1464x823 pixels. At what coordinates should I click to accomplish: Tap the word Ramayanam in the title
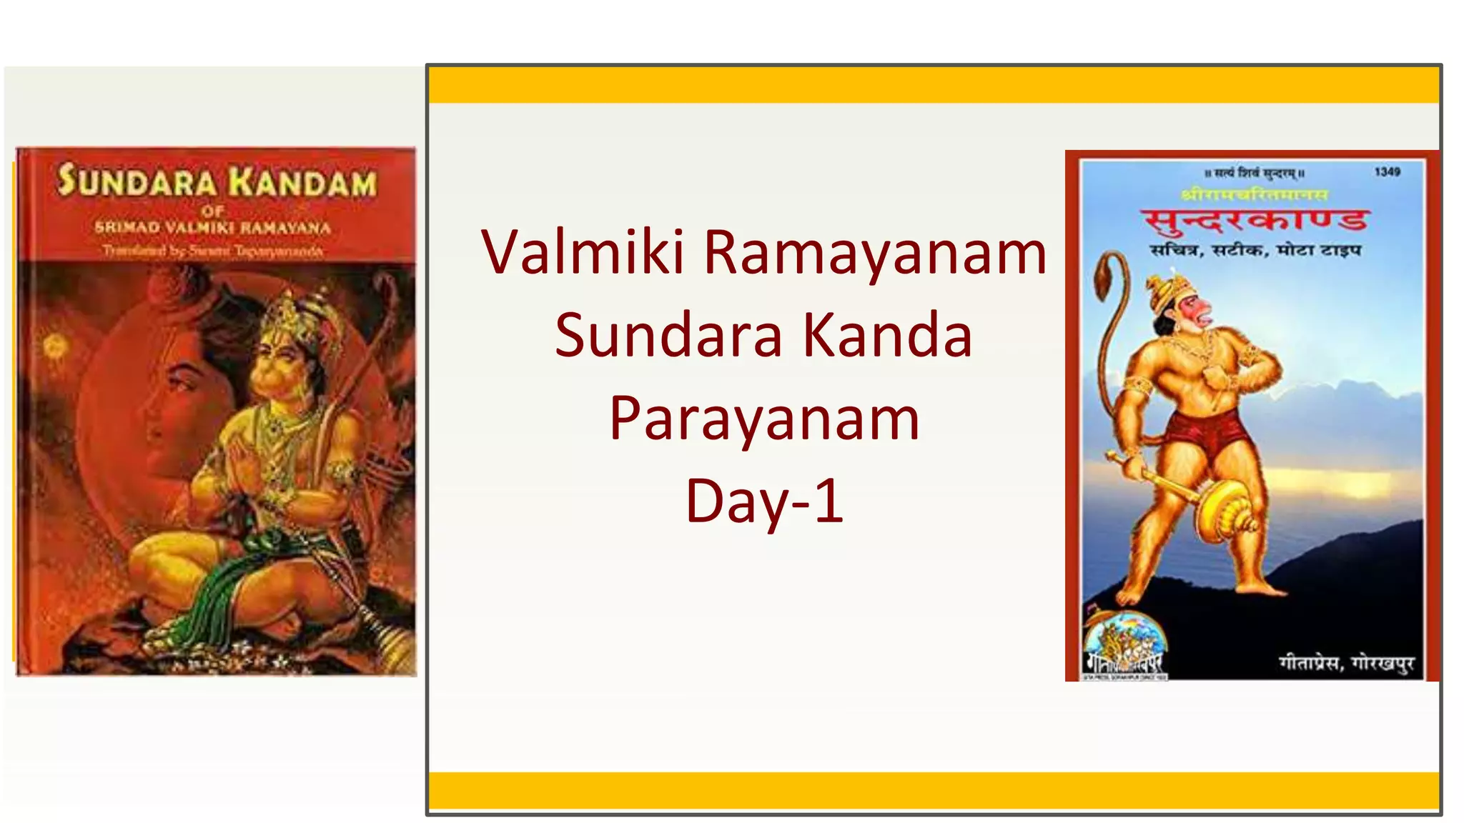(x=875, y=254)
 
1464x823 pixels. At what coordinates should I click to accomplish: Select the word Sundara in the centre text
(x=668, y=336)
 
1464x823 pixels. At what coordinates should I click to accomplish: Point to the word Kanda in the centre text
(x=887, y=336)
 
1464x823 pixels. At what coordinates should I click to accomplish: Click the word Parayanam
(x=764, y=419)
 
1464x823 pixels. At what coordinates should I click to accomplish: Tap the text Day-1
(x=764, y=502)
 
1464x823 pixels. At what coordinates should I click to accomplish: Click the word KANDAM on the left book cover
(x=303, y=183)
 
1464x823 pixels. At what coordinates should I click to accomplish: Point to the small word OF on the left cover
(x=212, y=211)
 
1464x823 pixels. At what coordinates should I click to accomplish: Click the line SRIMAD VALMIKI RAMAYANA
(x=213, y=228)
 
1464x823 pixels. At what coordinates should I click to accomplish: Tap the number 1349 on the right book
(x=1387, y=172)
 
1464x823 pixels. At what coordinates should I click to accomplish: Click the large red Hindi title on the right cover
(x=1255, y=220)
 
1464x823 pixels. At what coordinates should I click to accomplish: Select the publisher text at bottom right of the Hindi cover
(x=1346, y=664)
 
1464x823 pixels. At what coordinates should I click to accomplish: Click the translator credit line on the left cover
(x=213, y=251)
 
